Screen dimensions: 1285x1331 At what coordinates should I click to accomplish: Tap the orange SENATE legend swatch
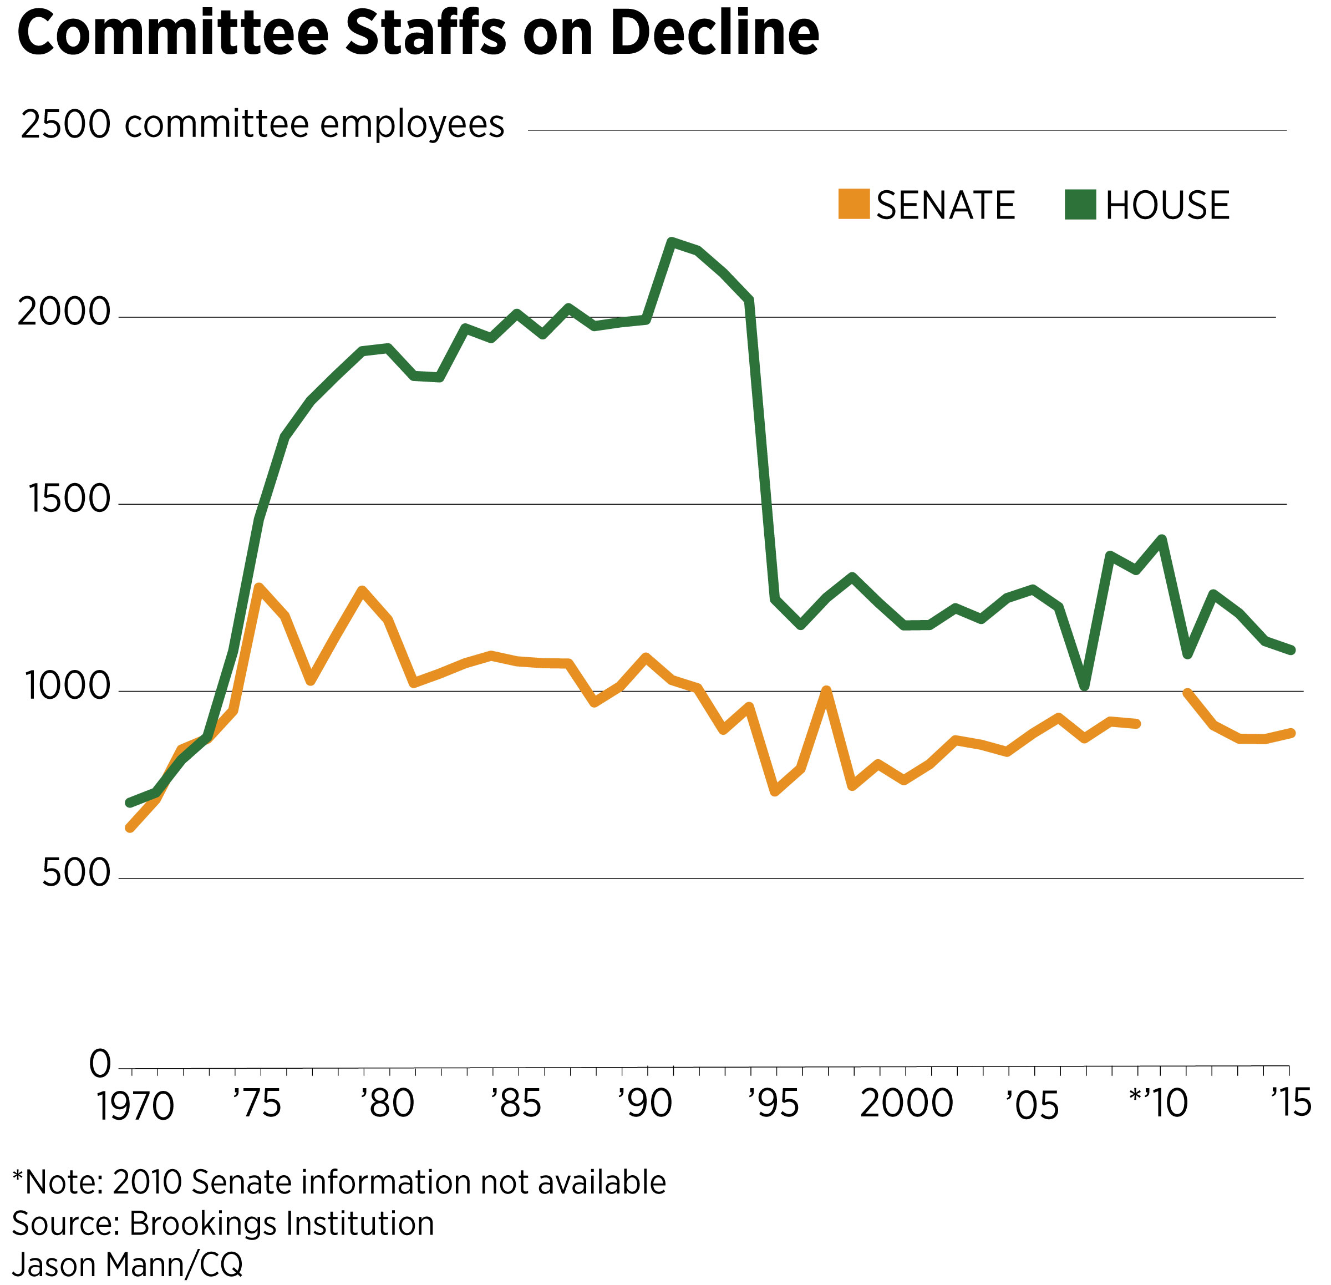tap(854, 205)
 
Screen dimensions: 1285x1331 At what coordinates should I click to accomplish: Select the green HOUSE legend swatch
tap(1080, 205)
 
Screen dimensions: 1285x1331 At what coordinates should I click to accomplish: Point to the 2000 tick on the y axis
tap(64, 313)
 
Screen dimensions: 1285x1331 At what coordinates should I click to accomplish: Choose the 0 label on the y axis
tap(100, 1064)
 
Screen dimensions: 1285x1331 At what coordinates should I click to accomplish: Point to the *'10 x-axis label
tap(1158, 1104)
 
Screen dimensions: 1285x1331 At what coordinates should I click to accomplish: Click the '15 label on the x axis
tap(1291, 1103)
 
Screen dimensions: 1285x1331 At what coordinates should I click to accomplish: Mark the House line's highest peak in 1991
tap(672, 242)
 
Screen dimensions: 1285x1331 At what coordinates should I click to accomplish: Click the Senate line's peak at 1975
tap(259, 587)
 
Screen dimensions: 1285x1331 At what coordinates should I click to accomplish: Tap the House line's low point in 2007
tap(1085, 687)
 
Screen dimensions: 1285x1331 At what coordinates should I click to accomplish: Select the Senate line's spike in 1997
tap(826, 690)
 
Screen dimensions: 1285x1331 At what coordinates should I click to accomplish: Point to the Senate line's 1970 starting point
tap(130, 828)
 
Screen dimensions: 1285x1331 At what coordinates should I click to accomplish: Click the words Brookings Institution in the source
tap(281, 1224)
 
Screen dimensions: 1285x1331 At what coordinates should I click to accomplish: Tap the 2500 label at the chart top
tap(65, 125)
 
